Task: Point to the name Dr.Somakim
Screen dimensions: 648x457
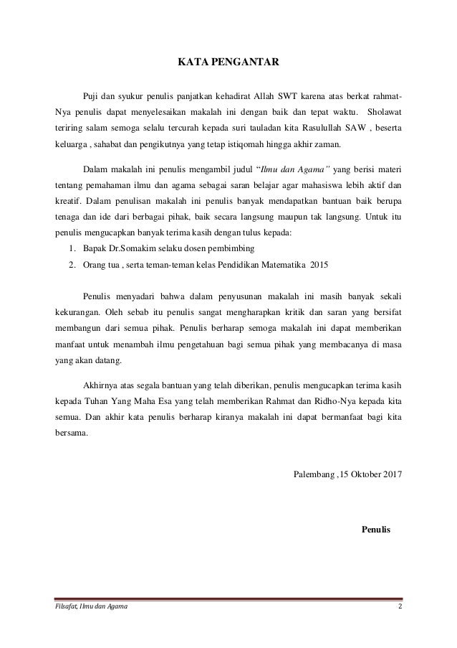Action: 129,248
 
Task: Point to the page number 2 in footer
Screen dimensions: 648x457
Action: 399,609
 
